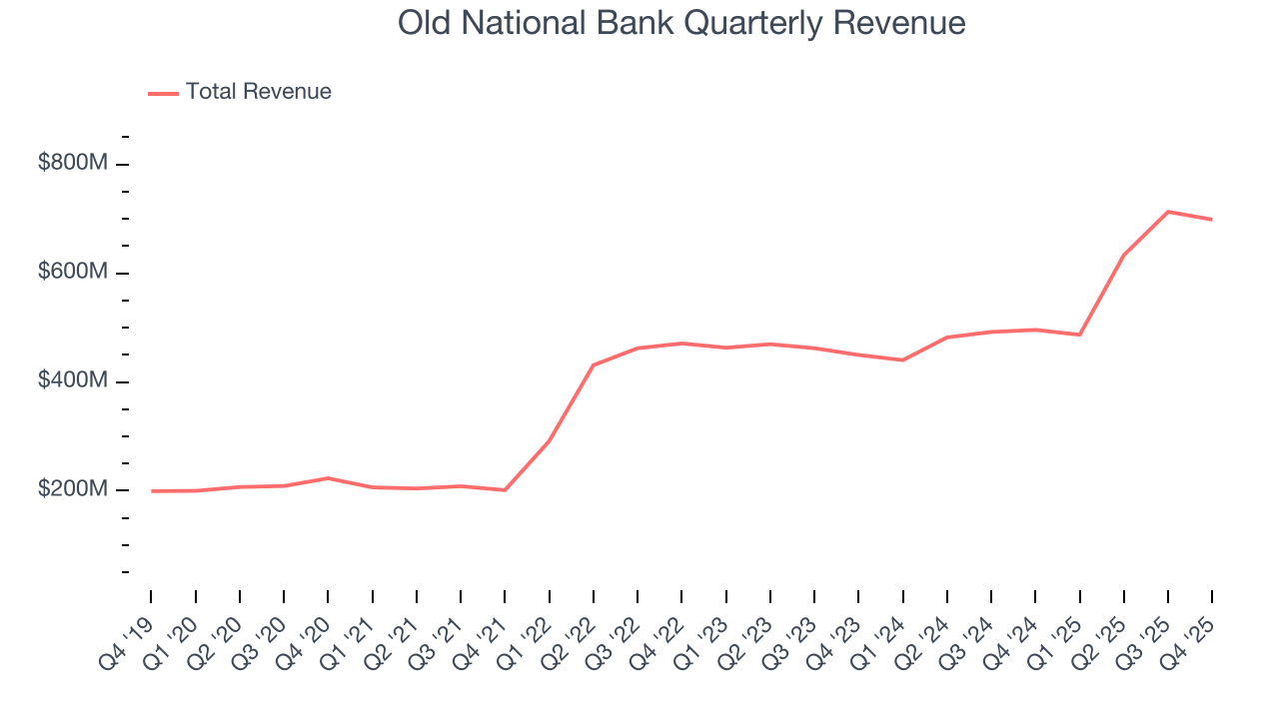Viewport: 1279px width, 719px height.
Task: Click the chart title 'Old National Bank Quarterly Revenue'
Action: click(x=681, y=23)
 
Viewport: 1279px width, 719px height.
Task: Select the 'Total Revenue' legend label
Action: click(x=258, y=92)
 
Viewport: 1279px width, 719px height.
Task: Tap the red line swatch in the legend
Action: click(x=163, y=93)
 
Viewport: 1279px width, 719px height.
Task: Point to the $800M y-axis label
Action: click(x=72, y=164)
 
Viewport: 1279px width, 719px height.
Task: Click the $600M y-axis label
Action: click(x=72, y=273)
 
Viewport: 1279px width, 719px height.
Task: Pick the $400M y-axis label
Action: click(x=72, y=381)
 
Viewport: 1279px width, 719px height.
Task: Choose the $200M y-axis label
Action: click(x=72, y=490)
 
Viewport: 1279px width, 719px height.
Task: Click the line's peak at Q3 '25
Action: click(x=1168, y=212)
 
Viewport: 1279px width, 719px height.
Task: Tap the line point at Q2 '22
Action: click(x=594, y=365)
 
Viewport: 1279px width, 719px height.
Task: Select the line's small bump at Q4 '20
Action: click(x=328, y=478)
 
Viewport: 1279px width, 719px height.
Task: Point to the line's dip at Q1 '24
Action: click(x=902, y=359)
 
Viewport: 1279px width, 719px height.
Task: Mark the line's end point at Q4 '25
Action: click(x=1212, y=219)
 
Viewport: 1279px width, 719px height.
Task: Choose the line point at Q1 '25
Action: click(x=1079, y=335)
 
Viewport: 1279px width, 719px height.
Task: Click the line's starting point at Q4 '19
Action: click(x=151, y=491)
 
